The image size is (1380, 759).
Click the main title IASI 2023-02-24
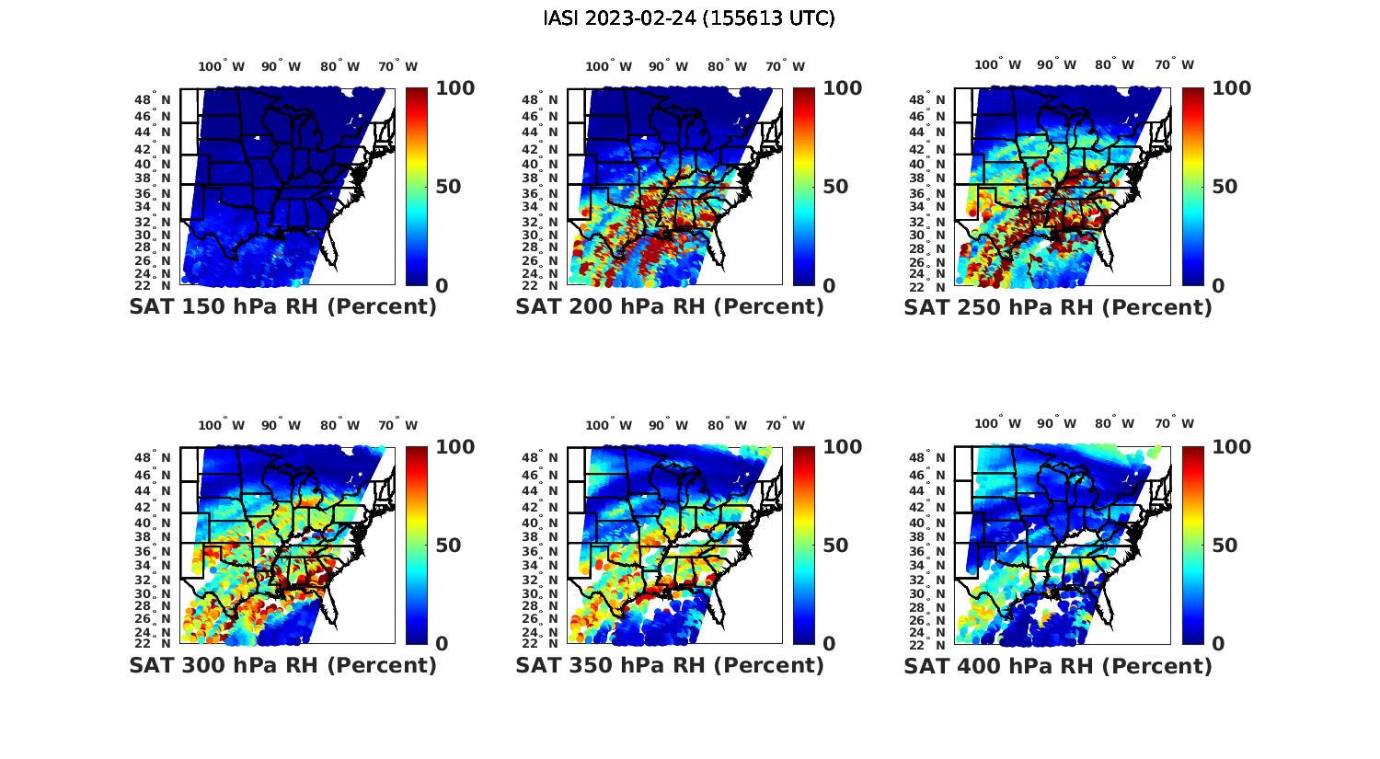689,18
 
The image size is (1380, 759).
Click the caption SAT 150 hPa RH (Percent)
282,307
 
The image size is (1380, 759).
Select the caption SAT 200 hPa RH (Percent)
670,307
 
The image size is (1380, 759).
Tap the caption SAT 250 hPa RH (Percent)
1058,307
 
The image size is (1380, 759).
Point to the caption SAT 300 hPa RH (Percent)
282,665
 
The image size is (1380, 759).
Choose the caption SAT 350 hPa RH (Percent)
670,665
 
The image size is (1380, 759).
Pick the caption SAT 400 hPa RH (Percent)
1058,665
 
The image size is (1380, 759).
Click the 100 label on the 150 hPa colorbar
454,88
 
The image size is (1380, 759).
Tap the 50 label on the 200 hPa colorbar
835,187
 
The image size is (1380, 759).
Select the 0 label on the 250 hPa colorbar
1218,285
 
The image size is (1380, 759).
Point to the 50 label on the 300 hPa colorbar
448,546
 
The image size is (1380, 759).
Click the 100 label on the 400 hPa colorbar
1231,447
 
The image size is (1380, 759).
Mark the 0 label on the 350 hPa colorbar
829,643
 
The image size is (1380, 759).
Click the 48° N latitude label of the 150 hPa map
153,99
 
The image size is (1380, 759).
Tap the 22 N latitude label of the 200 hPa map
540,285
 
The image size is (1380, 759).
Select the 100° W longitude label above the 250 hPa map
998,65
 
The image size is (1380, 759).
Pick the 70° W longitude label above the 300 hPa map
397,425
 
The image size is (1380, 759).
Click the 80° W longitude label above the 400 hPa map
1114,424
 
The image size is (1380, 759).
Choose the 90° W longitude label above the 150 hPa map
281,66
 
